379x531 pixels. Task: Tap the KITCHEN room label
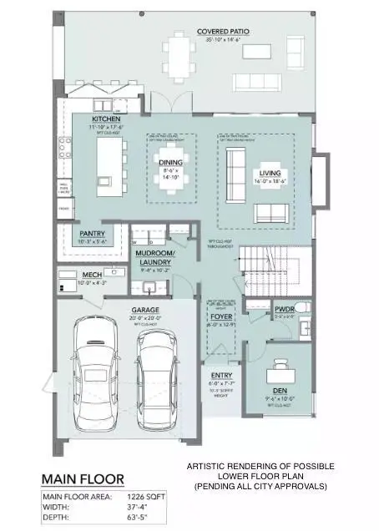point(106,119)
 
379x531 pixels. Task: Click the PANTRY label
point(91,233)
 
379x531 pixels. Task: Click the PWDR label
point(285,309)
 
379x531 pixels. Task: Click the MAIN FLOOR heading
point(83,479)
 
